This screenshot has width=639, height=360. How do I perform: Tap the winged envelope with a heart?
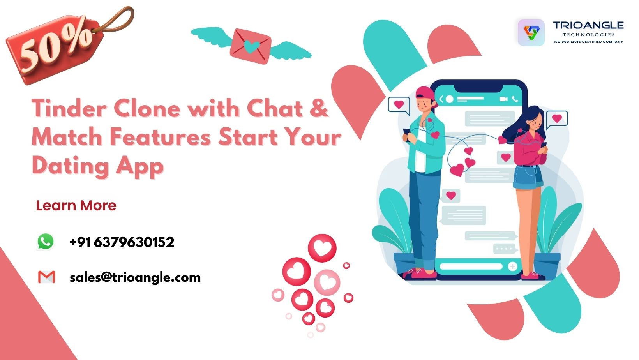click(251, 46)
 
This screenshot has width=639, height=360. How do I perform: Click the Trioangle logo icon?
click(531, 32)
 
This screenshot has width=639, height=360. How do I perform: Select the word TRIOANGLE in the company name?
click(588, 25)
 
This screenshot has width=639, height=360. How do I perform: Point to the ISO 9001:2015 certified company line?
click(588, 42)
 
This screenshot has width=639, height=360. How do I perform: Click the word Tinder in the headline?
click(69, 108)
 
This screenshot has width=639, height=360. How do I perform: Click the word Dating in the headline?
click(70, 167)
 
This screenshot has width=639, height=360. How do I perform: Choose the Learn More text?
click(76, 205)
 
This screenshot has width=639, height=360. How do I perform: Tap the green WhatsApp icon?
click(45, 242)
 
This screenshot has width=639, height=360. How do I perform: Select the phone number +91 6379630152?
click(122, 242)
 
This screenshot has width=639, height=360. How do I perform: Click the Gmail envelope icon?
click(46, 277)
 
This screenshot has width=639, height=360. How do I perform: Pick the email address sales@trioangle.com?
click(135, 278)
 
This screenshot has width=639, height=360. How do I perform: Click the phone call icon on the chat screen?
click(515, 99)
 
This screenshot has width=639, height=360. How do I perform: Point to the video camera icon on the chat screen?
click(503, 99)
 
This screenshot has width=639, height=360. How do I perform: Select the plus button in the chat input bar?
click(512, 266)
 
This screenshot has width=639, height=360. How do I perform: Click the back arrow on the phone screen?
click(441, 99)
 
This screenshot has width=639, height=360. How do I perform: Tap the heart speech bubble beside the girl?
click(556, 119)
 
